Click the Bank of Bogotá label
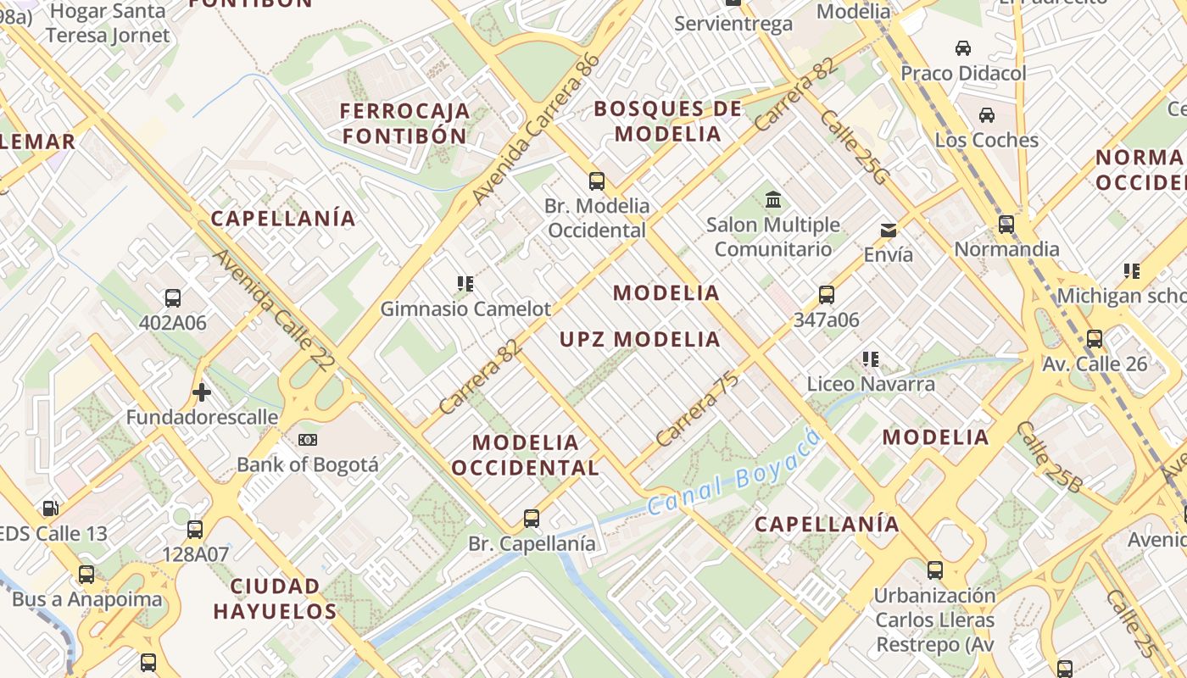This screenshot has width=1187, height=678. [x=308, y=464]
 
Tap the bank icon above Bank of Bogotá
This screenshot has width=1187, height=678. [x=308, y=440]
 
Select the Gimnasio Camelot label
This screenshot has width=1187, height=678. [x=465, y=308]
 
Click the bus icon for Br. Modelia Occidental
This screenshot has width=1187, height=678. [x=597, y=181]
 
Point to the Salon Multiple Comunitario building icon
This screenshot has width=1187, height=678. [x=773, y=200]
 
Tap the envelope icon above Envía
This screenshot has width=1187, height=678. [x=889, y=230]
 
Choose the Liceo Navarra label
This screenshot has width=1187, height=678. [x=871, y=384]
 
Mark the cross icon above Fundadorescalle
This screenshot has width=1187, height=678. [x=201, y=392]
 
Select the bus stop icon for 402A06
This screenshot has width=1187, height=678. [x=173, y=298]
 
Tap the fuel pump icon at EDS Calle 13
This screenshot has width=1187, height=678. [x=51, y=508]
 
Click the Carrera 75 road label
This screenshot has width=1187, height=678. [x=697, y=410]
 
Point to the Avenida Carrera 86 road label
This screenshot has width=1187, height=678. [x=536, y=130]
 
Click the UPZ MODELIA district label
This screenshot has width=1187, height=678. [x=640, y=340]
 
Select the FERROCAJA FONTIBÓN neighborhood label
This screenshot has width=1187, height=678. [x=405, y=123]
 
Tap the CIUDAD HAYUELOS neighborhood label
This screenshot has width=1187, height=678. [x=275, y=598]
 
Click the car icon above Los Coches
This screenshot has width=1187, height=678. [x=987, y=115]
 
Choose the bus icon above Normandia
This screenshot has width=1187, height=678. [x=1006, y=225]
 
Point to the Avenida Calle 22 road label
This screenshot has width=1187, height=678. [x=274, y=310]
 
